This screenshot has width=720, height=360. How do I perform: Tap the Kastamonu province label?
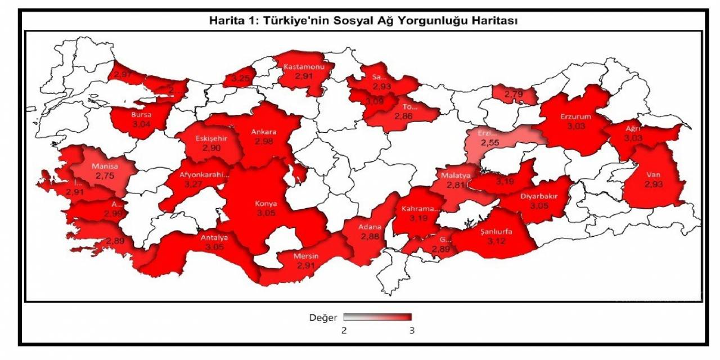[304, 66]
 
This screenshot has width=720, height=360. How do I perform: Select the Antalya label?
[214, 237]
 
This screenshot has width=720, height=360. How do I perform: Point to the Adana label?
[370, 228]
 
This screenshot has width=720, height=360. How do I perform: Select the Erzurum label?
[575, 117]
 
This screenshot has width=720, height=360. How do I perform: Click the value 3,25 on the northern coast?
[241, 78]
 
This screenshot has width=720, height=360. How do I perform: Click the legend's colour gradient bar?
[377, 317]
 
